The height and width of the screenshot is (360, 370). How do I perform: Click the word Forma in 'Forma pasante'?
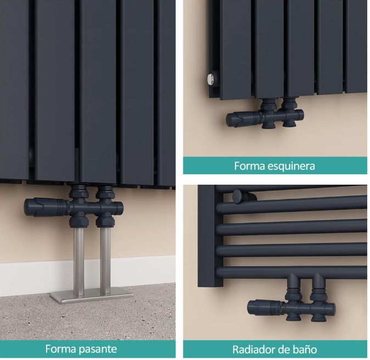60,348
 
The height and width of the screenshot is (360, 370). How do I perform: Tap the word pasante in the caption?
98,349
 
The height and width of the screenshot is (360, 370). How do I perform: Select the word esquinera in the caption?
291,167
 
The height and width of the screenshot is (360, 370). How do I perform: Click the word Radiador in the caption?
255,350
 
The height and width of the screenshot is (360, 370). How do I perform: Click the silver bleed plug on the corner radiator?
210,79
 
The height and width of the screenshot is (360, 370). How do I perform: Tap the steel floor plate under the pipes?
91,297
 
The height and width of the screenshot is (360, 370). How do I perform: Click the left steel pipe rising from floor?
79,261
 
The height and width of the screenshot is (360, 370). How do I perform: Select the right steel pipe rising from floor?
105,261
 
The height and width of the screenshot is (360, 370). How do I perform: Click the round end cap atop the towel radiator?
238,196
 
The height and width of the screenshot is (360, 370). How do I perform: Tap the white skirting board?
87,275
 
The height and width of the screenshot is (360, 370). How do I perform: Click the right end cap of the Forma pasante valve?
120,208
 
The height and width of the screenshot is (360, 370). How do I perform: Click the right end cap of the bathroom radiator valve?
332,308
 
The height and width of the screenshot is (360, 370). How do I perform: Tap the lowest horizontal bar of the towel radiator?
291,272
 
